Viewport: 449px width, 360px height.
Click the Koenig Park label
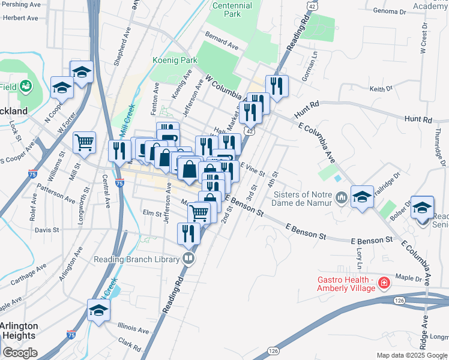coord(175,60)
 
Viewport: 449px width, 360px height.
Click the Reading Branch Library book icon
coord(189,259)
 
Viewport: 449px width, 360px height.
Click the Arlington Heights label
coord(18,331)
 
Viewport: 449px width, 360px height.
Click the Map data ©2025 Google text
coord(412,355)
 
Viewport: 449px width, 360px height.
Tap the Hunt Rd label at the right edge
coord(418,119)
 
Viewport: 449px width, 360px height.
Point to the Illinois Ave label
coord(133,329)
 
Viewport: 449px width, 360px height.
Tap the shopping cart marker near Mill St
coord(84,143)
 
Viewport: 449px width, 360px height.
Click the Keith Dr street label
coord(381,89)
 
